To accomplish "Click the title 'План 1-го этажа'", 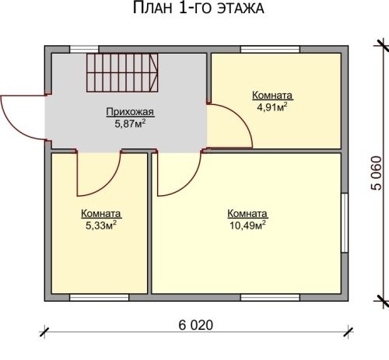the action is point(198,8).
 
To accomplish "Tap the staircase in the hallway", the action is point(122,72).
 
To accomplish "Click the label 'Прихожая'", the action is point(130,112).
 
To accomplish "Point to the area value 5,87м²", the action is point(130,124).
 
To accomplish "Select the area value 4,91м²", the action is point(272,107).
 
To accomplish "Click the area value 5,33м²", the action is point(100,225).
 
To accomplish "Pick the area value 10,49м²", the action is point(247,225).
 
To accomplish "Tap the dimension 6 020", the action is point(196,325).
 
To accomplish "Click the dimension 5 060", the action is point(377,173).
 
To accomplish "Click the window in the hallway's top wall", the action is point(84,49).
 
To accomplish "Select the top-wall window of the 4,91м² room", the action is point(270,49).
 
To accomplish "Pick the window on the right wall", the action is point(345,223).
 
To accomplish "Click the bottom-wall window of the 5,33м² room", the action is point(100,297).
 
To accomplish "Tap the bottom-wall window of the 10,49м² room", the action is point(270,297).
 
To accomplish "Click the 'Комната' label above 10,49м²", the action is point(247,214).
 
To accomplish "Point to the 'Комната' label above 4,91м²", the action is point(272,96).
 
